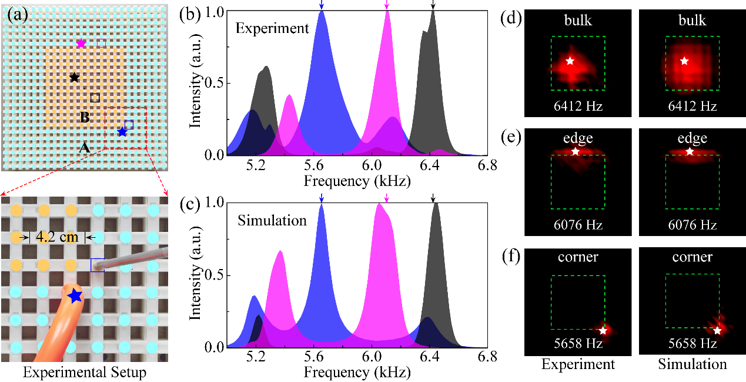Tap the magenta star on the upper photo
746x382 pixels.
point(81,44)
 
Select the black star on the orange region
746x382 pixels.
point(74,77)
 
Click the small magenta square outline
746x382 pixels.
point(102,43)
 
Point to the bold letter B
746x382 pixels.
point(85,118)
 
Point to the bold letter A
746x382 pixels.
point(85,148)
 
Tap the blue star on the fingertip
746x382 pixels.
point(75,295)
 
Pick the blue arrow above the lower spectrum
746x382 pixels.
point(321,198)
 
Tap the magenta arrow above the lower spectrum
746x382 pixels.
point(386,197)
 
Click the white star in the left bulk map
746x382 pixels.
point(570,61)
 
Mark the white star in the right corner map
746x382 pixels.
point(717,330)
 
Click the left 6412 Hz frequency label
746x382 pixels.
point(578,107)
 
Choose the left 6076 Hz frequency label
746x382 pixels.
point(578,225)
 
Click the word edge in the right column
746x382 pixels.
point(692,138)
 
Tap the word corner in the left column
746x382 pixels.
point(578,257)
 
